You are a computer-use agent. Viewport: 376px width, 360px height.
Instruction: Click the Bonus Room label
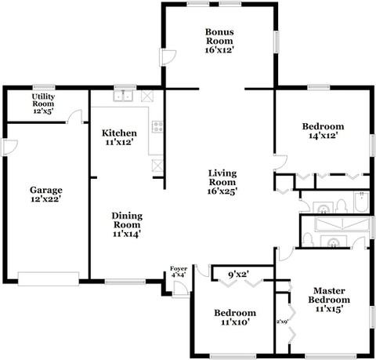219,41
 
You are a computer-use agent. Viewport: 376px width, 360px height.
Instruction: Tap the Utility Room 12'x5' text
43,104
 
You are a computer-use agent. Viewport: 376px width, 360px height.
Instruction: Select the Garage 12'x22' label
46,195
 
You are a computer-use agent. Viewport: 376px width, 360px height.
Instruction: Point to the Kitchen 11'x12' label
119,137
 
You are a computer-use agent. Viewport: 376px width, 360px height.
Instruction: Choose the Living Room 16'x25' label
222,182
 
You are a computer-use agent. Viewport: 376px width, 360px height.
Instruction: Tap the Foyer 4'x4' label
179,271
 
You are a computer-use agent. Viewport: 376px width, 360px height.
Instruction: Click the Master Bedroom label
329,300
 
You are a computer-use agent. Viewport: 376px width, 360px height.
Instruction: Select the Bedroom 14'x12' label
324,131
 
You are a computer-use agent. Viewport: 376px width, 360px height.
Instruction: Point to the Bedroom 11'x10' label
235,317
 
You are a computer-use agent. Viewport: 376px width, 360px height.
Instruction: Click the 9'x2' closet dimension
238,275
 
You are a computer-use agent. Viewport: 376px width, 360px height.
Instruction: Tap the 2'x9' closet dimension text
282,322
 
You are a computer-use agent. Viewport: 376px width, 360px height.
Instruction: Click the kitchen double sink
123,96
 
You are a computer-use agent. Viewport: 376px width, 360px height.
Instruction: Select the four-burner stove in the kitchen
157,126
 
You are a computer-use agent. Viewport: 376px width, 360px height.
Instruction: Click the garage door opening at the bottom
49,279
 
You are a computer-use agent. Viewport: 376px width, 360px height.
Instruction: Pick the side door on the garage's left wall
9,147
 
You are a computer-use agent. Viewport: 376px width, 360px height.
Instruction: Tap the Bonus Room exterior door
168,57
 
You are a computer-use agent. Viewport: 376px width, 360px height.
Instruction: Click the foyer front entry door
180,289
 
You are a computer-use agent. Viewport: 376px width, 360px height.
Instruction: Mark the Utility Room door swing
75,116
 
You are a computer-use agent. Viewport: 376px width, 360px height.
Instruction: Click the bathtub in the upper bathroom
361,202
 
